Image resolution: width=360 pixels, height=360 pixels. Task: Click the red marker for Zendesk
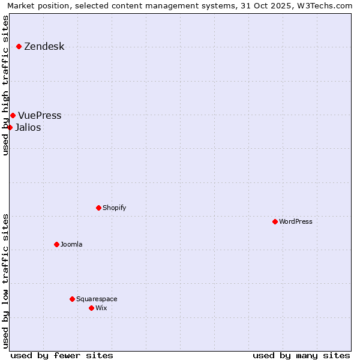pyautogui.click(x=19, y=46)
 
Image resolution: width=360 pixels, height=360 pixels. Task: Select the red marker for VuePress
pyautogui.click(x=13, y=115)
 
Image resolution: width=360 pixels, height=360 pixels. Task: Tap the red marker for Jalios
pyautogui.click(x=10, y=127)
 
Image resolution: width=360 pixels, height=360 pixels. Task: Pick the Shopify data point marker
pyautogui.click(x=98, y=208)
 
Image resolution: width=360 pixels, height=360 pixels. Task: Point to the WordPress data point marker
pyautogui.click(x=275, y=221)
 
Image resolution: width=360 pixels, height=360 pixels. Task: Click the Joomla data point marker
pyautogui.click(x=56, y=244)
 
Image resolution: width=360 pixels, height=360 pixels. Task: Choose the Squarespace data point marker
pyautogui.click(x=72, y=299)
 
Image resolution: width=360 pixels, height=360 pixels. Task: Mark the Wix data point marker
pyautogui.click(x=91, y=308)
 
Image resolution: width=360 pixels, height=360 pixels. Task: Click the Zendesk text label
pyautogui.click(x=44, y=47)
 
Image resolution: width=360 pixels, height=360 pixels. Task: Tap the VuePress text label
pyautogui.click(x=40, y=116)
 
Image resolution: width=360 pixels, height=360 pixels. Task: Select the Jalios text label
pyautogui.click(x=28, y=127)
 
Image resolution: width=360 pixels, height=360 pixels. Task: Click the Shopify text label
pyautogui.click(x=114, y=208)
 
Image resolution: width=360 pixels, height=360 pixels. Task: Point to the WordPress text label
pyautogui.click(x=296, y=222)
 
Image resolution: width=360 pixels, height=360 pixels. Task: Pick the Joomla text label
pyautogui.click(x=71, y=245)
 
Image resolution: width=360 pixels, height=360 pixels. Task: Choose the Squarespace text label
pyautogui.click(x=97, y=299)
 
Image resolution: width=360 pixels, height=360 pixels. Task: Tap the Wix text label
pyautogui.click(x=101, y=308)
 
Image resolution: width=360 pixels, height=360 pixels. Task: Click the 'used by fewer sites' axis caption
pyautogui.click(x=62, y=355)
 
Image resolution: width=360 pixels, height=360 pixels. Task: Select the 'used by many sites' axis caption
pyautogui.click(x=301, y=355)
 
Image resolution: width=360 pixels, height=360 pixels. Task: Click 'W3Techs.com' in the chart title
pyautogui.click(x=326, y=5)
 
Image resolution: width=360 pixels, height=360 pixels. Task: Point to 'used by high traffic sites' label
pyautogui.click(x=6, y=85)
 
